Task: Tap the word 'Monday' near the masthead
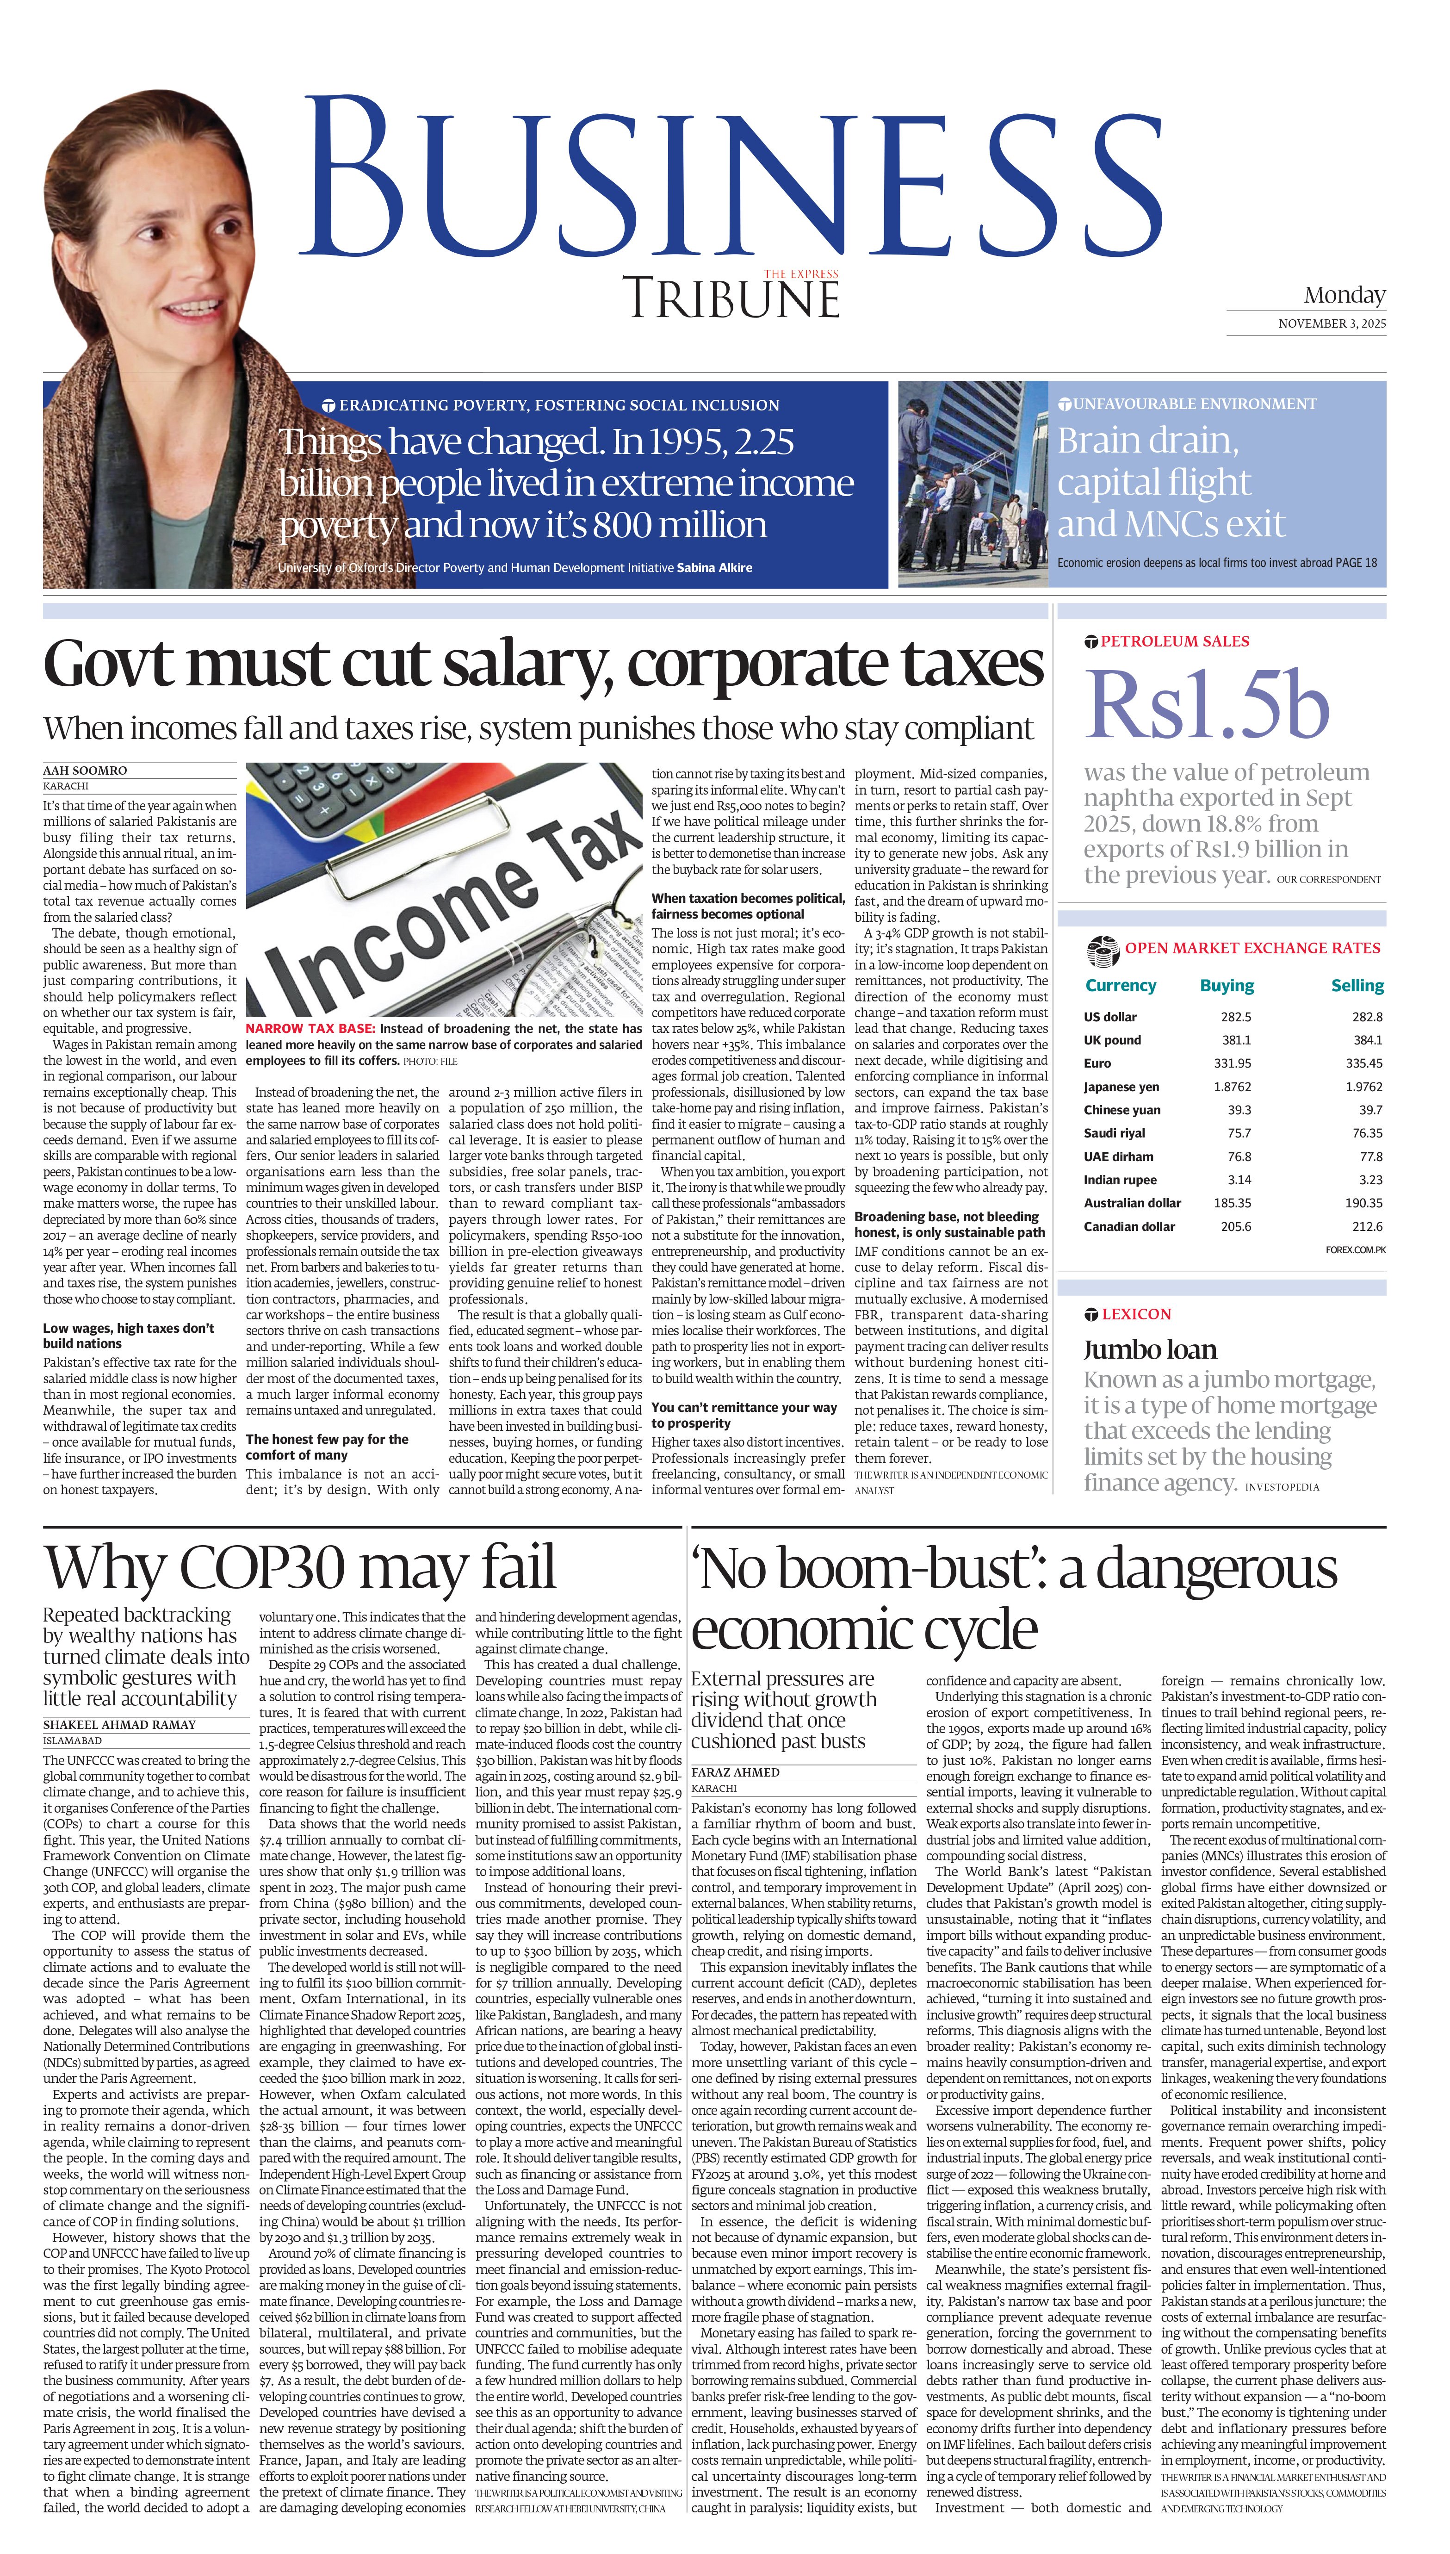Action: (x=1345, y=295)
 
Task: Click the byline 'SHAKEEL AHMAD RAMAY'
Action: (x=119, y=1724)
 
